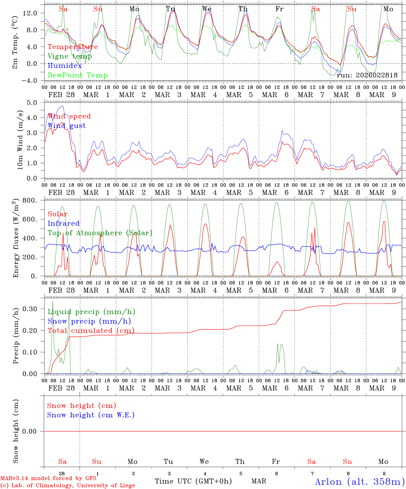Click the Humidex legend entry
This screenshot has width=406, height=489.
65,66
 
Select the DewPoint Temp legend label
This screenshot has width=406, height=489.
78,75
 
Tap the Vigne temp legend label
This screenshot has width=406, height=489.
70,56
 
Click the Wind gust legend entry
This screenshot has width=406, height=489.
67,126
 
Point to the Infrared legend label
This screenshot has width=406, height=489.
64,223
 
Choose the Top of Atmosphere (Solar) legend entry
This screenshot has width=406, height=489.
100,233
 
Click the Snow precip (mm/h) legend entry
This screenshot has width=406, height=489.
89,321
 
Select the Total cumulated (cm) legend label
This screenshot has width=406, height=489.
91,331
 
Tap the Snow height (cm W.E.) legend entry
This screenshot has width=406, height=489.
91,415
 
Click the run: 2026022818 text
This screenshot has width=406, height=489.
367,75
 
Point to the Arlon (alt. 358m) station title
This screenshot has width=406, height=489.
360,482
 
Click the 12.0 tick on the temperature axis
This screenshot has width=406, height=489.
30,13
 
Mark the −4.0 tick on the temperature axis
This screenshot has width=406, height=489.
30,81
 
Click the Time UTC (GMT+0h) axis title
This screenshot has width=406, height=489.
193,481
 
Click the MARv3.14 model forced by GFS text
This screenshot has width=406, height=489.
48,478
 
